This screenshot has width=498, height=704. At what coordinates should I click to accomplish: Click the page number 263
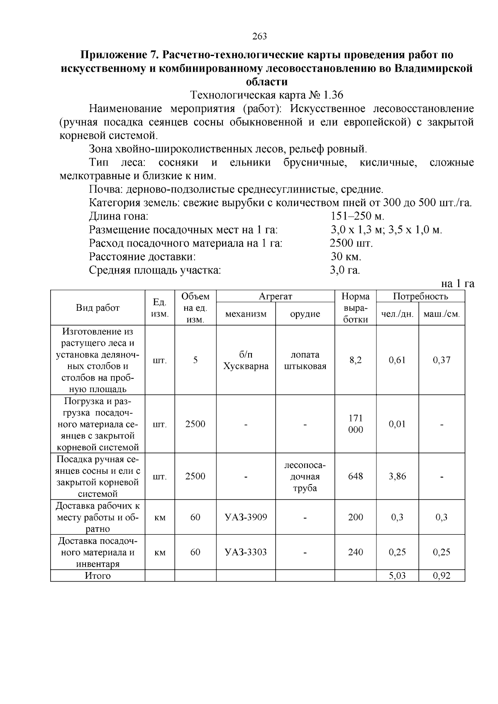pyautogui.click(x=259, y=37)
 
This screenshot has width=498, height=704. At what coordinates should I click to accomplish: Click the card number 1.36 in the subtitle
pyautogui.click(x=333, y=95)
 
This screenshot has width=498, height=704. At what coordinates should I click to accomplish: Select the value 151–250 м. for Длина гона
pyautogui.click(x=357, y=217)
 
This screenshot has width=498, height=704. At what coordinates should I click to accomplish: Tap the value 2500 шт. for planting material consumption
pyautogui.click(x=351, y=243)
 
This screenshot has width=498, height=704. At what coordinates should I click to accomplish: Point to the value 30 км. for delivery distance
pyautogui.click(x=346, y=257)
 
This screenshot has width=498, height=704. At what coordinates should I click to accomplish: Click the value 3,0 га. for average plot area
pyautogui.click(x=345, y=270)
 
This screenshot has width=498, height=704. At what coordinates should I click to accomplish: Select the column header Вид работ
pyautogui.click(x=98, y=308)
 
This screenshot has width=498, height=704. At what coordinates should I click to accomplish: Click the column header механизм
pyautogui.click(x=246, y=314)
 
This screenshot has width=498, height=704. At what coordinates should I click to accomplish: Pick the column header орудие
pyautogui.click(x=305, y=314)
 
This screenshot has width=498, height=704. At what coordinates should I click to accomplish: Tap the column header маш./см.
pyautogui.click(x=442, y=314)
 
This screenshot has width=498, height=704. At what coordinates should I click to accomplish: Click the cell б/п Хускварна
pyautogui.click(x=246, y=360)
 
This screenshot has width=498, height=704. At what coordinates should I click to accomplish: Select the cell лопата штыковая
pyautogui.click(x=305, y=360)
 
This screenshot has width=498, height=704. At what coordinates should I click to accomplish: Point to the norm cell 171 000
pyautogui.click(x=355, y=424)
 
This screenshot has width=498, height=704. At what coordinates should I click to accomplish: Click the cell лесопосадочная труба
pyautogui.click(x=305, y=476)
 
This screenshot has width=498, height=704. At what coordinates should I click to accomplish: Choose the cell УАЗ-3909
pyautogui.click(x=246, y=517)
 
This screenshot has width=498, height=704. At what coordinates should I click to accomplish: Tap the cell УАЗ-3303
pyautogui.click(x=246, y=552)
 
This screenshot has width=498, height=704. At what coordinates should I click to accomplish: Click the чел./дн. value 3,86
pyautogui.click(x=397, y=476)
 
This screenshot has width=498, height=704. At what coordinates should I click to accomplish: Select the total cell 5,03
pyautogui.click(x=397, y=576)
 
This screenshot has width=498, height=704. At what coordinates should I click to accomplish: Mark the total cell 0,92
pyautogui.click(x=442, y=576)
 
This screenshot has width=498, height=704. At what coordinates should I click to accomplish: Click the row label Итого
pyautogui.click(x=98, y=576)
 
